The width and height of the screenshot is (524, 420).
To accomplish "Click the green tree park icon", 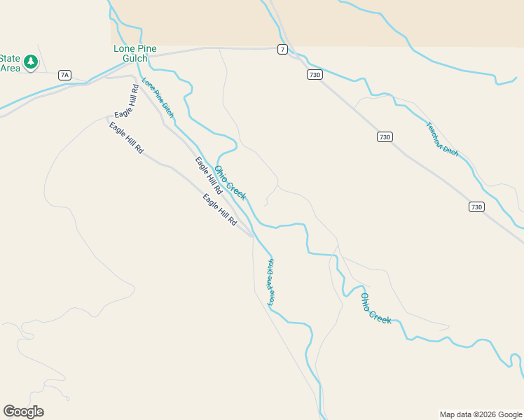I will pos(31,63).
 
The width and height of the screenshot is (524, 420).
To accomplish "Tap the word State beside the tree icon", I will pos(10,58).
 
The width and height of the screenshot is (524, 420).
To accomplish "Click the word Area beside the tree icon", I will pos(10,68).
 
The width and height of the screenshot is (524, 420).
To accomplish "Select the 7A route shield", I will pos(65,75).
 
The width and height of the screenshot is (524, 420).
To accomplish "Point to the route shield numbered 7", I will pos(282,49).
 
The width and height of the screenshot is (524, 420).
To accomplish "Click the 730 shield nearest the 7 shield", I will pos(315,75).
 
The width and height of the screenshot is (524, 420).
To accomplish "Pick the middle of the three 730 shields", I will pos(384,137).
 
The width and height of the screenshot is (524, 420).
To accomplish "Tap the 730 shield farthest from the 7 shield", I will pos(476,206).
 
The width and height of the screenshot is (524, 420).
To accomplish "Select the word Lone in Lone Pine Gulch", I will pos(123,49).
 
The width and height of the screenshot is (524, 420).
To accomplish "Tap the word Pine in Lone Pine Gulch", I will pos(146,49).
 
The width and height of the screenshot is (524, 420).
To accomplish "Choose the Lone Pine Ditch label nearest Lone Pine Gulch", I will pos(158,97).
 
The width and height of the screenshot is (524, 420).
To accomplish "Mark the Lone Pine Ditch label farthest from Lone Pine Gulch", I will pos(271,282).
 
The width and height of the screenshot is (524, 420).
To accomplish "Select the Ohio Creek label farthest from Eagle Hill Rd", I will pos(375,308).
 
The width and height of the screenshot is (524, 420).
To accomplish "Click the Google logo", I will pos(23,412).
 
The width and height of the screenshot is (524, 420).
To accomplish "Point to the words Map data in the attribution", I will pos(454,414).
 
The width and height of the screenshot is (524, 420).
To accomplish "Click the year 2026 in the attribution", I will pos(487,414).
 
